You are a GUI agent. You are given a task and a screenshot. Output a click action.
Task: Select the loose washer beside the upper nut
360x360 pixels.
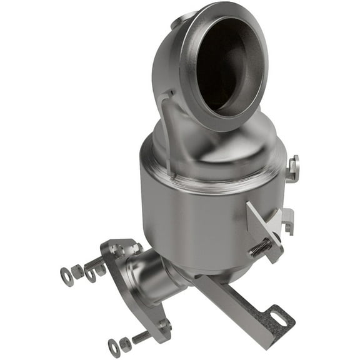click(66, 276)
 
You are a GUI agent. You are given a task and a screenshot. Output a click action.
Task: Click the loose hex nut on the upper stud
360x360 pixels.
click(77, 271)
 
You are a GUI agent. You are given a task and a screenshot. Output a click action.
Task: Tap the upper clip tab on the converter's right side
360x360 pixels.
click(292, 167)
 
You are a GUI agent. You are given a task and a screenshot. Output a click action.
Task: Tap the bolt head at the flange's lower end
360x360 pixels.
click(164, 324)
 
